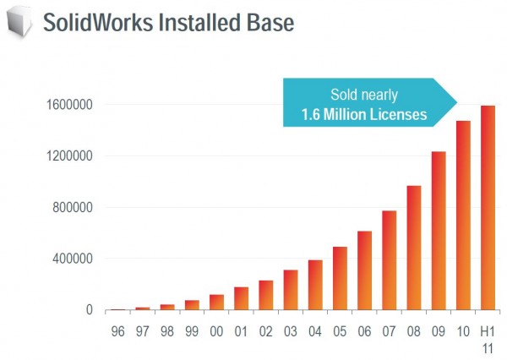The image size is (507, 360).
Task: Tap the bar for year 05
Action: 339,279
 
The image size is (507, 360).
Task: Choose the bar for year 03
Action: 290,290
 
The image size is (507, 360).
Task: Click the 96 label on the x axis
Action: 117,332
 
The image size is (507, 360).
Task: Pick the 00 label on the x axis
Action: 216,332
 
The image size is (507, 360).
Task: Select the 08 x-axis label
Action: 413,332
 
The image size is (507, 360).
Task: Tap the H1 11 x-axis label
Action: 488,339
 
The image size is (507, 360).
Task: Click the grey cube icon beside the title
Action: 19,21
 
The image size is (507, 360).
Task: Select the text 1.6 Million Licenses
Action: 364,114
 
